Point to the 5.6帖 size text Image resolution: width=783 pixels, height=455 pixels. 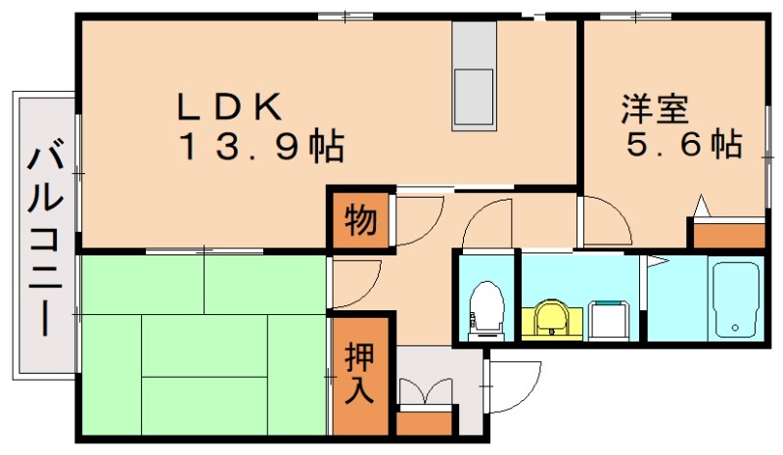pos(682,146)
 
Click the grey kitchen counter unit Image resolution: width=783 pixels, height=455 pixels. pos(474,76)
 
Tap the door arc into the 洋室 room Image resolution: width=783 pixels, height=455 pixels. pos(602,221)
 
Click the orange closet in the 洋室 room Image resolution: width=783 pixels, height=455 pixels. pos(728,235)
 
